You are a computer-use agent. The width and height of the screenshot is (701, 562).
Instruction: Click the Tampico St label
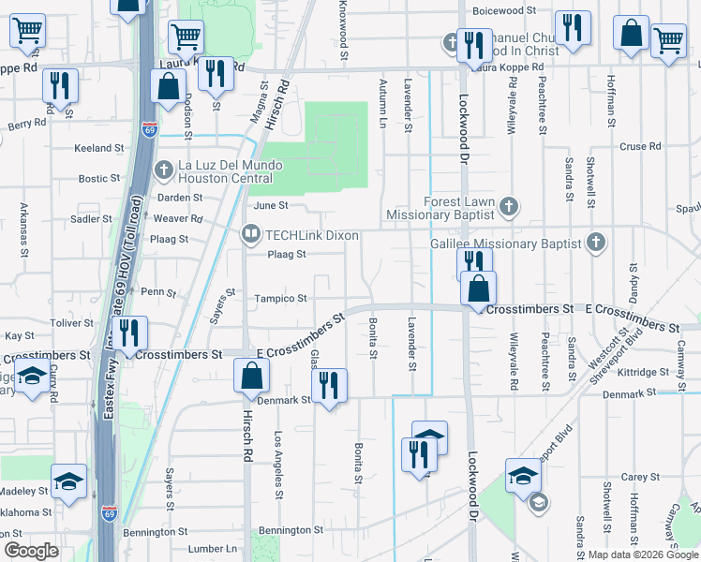coord(281,299)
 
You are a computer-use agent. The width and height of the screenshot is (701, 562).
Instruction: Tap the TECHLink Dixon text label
coord(313,235)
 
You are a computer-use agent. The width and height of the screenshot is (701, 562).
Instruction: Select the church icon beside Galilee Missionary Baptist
coord(594,244)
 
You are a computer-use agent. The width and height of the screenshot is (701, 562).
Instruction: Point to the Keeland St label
coord(100,148)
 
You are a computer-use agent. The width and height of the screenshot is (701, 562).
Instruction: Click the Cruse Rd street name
coord(641,147)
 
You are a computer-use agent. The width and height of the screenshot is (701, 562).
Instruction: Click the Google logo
coord(31,551)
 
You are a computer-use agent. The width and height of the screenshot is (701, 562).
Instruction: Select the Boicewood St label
coord(504,11)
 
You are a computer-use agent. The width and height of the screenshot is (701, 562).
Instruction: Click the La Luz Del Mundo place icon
coord(165,170)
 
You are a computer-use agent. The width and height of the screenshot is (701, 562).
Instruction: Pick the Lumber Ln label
coord(213,549)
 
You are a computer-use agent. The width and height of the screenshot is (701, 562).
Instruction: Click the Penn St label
coord(153,291)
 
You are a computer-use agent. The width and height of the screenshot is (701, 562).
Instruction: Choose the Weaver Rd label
coord(184,218)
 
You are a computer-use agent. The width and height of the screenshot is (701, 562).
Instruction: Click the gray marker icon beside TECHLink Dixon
coord(250,235)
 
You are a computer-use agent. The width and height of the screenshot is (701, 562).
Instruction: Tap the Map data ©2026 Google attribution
coord(643,555)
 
